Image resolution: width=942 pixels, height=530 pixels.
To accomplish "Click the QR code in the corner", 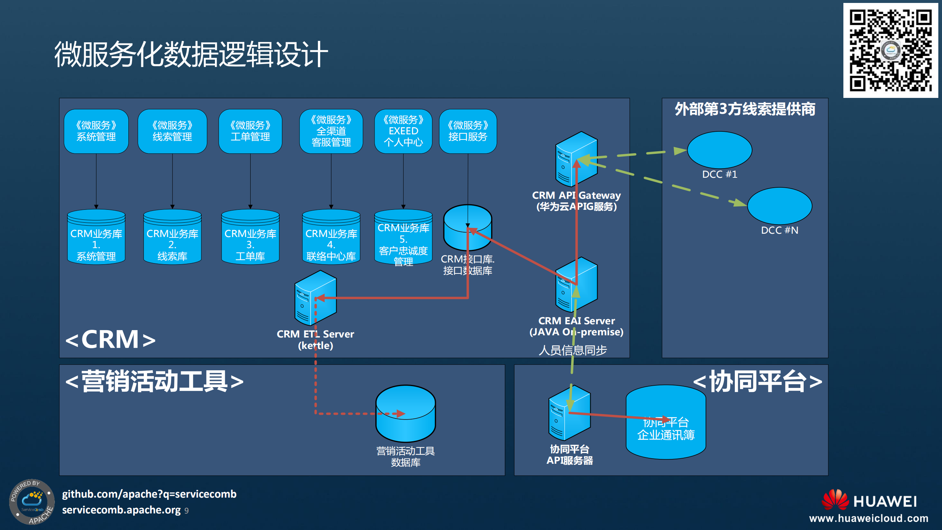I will (x=890, y=50).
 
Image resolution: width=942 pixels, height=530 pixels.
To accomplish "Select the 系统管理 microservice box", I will (x=96, y=131).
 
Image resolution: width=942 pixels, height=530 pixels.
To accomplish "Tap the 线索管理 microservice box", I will (x=172, y=131).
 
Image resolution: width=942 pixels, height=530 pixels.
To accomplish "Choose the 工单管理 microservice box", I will (x=250, y=131).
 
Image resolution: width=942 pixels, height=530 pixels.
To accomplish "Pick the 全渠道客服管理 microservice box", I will (x=331, y=131).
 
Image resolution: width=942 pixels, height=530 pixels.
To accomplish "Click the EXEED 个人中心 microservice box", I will (x=403, y=131).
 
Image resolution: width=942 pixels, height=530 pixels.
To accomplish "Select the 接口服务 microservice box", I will (x=468, y=131).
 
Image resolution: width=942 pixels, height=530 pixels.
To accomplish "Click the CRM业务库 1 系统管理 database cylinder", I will (x=96, y=237).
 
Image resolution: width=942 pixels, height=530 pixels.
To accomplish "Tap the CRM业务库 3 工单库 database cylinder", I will (x=250, y=237).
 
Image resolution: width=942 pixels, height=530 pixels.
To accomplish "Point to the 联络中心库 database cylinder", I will (x=331, y=237).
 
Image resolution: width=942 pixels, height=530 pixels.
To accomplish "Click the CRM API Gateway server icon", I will (x=576, y=159).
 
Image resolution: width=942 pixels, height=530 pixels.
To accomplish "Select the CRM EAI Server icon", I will (x=576, y=285).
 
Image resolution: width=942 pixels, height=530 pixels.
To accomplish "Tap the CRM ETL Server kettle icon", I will (x=315, y=298).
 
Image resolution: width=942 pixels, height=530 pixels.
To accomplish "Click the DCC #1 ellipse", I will (x=719, y=150).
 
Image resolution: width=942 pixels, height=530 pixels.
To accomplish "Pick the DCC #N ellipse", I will (x=779, y=206).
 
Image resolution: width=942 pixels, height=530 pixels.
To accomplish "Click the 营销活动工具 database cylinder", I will (x=406, y=414).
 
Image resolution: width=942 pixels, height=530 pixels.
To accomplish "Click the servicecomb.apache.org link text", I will (x=121, y=510).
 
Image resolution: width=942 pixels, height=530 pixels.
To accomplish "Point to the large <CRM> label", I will (x=110, y=339).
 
